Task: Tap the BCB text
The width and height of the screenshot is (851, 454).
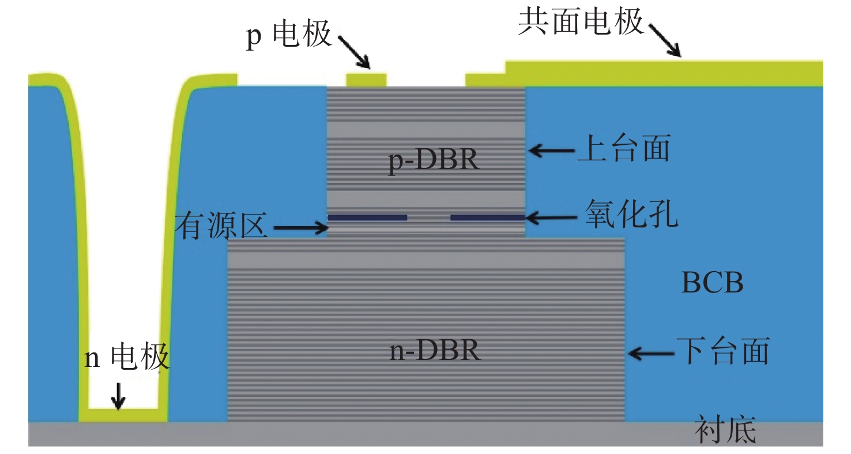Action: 712,283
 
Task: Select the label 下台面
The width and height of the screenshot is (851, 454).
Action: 722,351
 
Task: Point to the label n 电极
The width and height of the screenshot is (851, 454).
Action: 127,358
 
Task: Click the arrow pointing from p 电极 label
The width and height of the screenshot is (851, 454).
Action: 353,51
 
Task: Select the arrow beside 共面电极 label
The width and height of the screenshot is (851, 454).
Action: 664,40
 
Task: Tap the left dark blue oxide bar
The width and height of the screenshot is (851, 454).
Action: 367,217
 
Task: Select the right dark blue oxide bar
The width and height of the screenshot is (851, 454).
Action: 488,217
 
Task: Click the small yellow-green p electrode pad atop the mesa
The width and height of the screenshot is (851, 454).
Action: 366,79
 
